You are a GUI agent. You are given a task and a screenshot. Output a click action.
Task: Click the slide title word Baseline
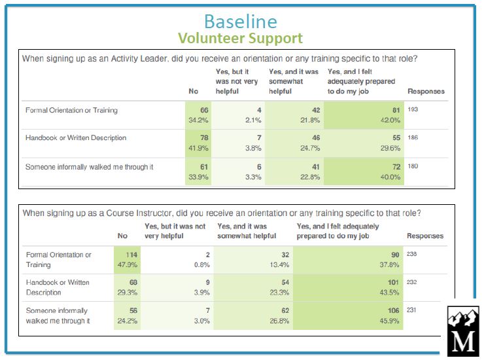pyautogui.click(x=240, y=21)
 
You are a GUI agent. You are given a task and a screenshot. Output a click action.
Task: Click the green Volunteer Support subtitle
pyautogui.click(x=240, y=39)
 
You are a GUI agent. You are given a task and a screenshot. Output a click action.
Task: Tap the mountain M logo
pyautogui.click(x=463, y=331)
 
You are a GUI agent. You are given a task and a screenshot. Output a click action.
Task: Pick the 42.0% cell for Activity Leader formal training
pyautogui.click(x=390, y=120)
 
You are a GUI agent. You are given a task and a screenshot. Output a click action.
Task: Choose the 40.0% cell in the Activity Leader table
pyautogui.click(x=390, y=176)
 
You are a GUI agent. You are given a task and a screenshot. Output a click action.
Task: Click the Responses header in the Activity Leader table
pyautogui.click(x=426, y=91)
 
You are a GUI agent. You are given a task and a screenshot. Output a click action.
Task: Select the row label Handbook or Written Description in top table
pyautogui.click(x=75, y=138)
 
